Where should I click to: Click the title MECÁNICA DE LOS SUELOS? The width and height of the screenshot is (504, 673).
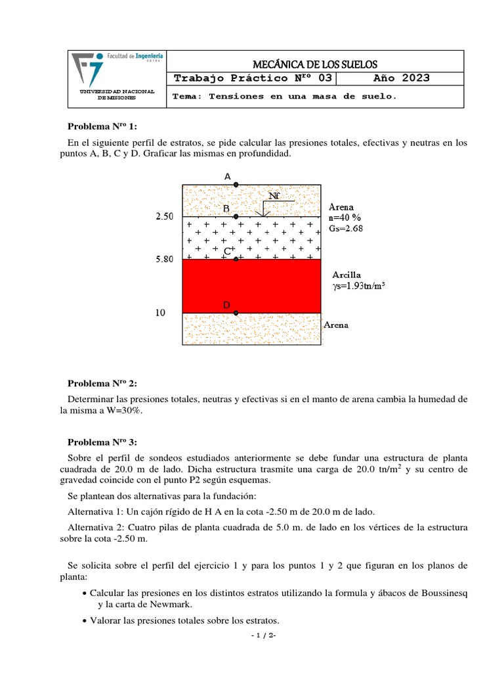point(315,64)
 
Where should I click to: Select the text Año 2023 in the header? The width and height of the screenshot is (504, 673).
point(402,78)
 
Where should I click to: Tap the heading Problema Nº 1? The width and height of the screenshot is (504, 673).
point(102,127)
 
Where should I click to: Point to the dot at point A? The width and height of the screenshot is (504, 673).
point(236,185)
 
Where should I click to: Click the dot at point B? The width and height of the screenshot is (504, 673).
point(236,216)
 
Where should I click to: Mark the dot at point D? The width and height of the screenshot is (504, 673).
point(236,313)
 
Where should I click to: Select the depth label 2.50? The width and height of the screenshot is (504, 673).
point(164,217)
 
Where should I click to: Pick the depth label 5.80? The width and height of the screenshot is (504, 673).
point(164,260)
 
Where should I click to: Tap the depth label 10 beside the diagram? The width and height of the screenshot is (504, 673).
point(160,313)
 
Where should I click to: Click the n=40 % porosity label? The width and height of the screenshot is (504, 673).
point(345,218)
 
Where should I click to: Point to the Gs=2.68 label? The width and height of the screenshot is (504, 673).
point(345,229)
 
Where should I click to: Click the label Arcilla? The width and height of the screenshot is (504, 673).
point(346,275)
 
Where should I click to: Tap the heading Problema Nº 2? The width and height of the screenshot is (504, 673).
point(102,383)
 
